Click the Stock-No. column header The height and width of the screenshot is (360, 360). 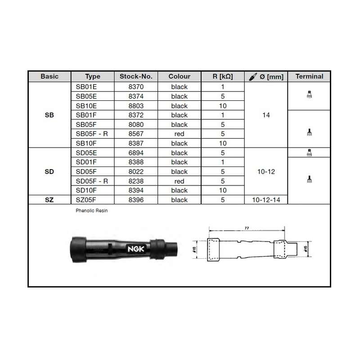click(x=136, y=76)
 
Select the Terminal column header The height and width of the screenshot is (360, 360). click(x=309, y=76)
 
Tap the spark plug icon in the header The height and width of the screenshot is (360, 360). click(x=253, y=76)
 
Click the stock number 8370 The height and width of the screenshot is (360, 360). click(x=136, y=87)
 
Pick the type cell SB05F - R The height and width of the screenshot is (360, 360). click(x=92, y=134)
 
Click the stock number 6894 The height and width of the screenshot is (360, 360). click(x=136, y=153)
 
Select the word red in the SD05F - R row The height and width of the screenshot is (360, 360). click(x=179, y=181)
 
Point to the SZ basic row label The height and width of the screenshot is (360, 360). click(x=49, y=200)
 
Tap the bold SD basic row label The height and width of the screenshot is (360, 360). click(x=49, y=171)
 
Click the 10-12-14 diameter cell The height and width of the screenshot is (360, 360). click(x=266, y=200)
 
